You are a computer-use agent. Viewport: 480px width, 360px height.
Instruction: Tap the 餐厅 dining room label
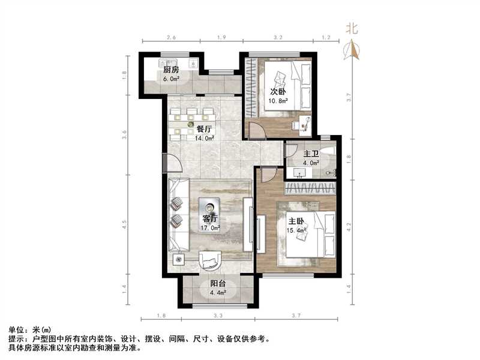205,128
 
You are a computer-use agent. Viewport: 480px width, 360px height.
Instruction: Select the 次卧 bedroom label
277,92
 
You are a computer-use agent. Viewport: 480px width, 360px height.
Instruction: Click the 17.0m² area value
210,227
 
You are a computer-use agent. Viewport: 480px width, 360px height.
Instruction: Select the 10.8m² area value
277,101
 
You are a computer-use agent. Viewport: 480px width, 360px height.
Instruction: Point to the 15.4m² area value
297,230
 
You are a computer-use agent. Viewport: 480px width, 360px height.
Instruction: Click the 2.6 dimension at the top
171,37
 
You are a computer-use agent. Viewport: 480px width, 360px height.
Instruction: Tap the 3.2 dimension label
277,37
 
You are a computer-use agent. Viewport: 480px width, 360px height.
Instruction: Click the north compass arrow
352,50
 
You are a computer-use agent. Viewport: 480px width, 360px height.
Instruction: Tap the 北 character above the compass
352,28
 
